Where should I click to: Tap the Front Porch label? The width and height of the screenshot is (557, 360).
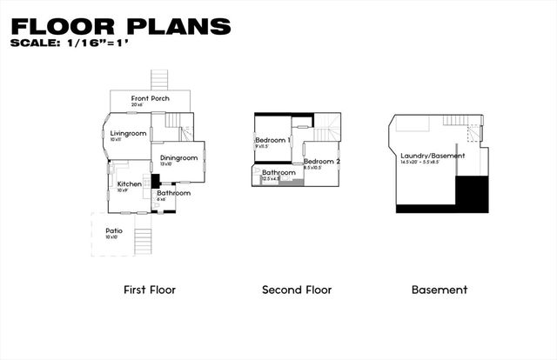[x=151, y=98]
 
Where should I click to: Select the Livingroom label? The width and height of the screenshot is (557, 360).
[x=128, y=133]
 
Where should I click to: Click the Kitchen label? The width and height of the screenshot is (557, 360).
[x=130, y=184]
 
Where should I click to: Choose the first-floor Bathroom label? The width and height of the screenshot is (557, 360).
[x=173, y=193]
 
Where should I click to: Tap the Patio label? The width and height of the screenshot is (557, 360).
[x=114, y=230]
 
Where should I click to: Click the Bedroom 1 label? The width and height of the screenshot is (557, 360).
[x=272, y=140]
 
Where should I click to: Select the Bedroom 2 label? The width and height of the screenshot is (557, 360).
[x=321, y=161]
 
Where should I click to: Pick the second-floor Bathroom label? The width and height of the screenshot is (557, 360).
[x=279, y=172]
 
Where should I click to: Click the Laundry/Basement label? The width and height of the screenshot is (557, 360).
[x=433, y=156]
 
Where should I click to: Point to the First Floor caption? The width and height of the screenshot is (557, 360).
[x=150, y=290]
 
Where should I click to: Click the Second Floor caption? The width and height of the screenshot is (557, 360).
[x=297, y=290]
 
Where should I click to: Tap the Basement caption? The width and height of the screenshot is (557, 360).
[x=440, y=290]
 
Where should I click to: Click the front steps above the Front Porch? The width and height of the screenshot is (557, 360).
[x=158, y=79]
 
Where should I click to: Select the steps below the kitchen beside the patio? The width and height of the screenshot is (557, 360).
[x=144, y=233]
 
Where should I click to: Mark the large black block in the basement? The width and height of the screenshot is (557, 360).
[x=473, y=192]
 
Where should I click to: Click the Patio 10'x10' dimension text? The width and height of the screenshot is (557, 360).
[x=111, y=237]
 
